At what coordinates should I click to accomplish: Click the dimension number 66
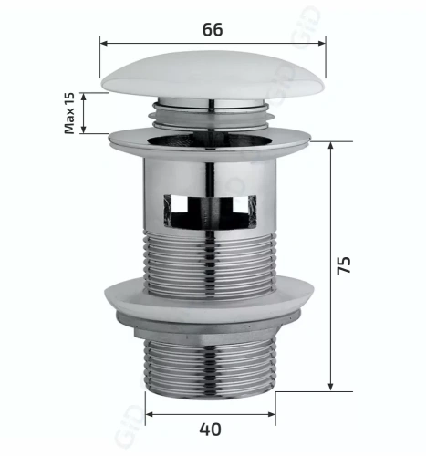[213, 28]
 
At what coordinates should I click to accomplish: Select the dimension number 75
[342, 266]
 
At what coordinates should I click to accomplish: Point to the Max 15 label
[69, 113]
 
